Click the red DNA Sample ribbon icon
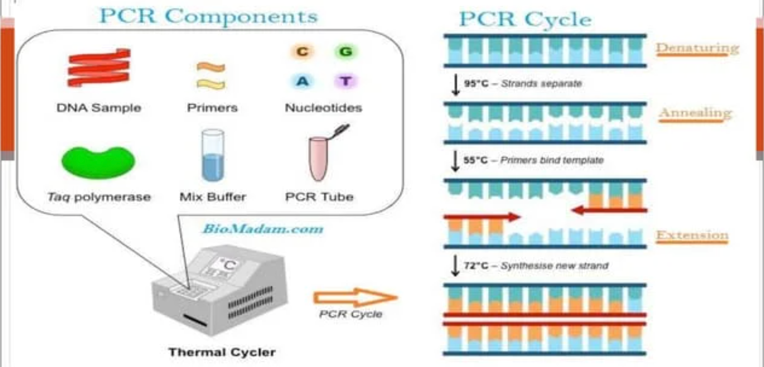click(x=99, y=68)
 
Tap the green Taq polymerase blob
click(x=98, y=162)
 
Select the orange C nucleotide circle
click(x=302, y=51)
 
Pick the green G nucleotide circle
click(x=346, y=51)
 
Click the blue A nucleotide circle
click(x=302, y=81)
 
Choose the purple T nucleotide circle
click(x=346, y=81)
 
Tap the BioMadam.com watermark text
click(x=262, y=229)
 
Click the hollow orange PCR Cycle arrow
click(x=355, y=297)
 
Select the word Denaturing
click(x=697, y=48)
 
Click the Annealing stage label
click(x=695, y=113)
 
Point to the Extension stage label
click(x=692, y=235)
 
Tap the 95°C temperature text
click(x=476, y=84)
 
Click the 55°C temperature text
click(x=475, y=160)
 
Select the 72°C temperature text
click(x=476, y=266)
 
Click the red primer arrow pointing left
click(x=609, y=211)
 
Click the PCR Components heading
click(x=208, y=16)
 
